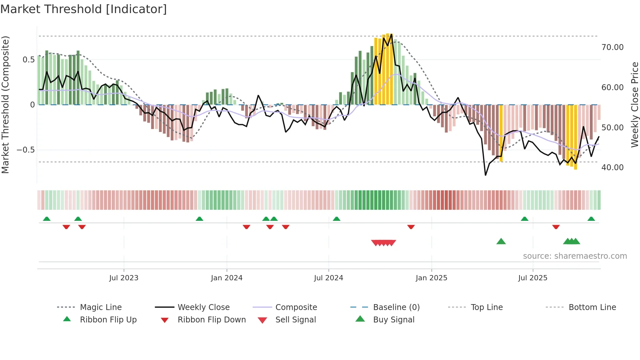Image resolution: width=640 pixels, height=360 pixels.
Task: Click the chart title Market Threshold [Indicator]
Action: pos(84,9)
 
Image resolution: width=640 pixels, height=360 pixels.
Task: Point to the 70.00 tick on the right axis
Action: pos(612,47)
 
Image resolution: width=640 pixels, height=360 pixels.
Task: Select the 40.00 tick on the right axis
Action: pos(612,168)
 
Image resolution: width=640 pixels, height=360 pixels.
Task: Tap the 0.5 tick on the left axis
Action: pos(28,60)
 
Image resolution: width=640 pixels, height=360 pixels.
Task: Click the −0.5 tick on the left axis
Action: pos(25,150)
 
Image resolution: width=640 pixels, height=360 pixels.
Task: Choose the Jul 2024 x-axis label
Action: pos(328,278)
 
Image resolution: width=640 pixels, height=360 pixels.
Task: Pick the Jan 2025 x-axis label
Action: pos(431,278)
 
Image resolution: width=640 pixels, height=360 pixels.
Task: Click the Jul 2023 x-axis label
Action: pos(124,278)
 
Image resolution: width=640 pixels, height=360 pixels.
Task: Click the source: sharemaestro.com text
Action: pos(575,256)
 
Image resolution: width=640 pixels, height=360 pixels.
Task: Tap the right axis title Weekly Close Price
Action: pos(634,105)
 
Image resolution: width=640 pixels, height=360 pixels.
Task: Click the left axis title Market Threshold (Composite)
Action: pos(5,105)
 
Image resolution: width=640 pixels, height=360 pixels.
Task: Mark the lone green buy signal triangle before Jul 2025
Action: pos(501,242)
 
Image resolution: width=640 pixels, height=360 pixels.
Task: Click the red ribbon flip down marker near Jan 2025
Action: pos(411,227)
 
